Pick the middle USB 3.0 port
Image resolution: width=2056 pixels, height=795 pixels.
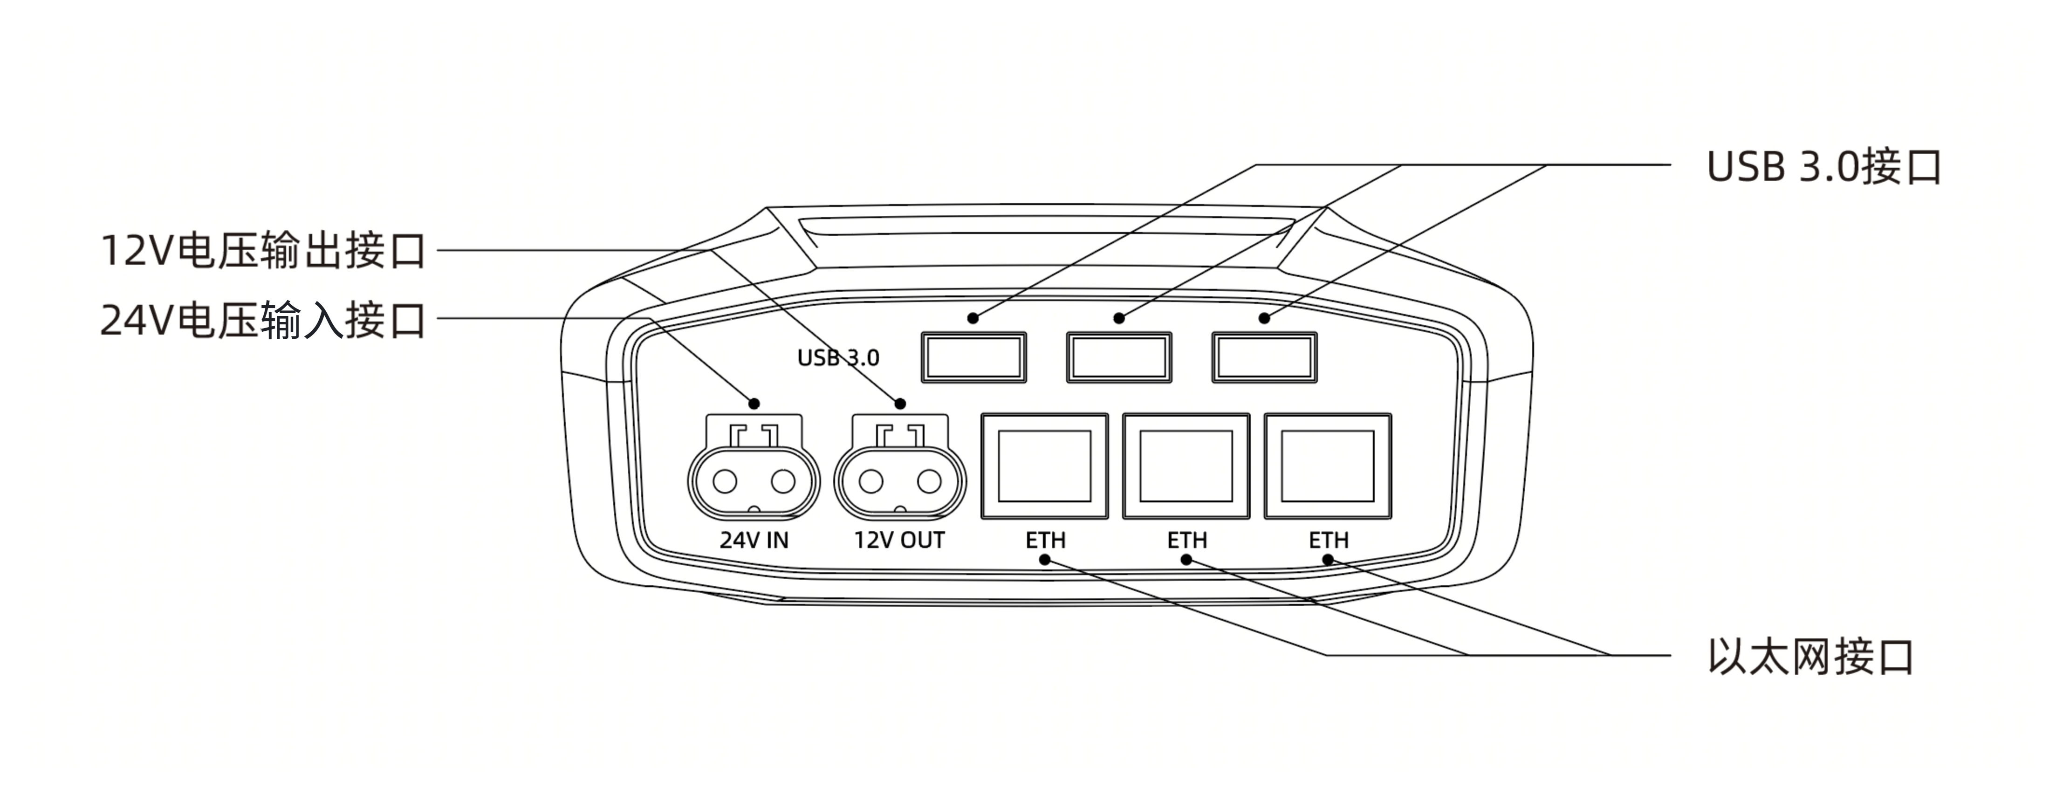coord(1119,357)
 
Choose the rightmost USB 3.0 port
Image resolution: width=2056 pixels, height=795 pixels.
coord(1264,357)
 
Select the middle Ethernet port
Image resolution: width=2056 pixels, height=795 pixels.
coord(1186,466)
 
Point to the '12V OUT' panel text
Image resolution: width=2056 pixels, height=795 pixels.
coord(899,541)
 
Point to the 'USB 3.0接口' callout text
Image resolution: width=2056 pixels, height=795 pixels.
coord(1824,167)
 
